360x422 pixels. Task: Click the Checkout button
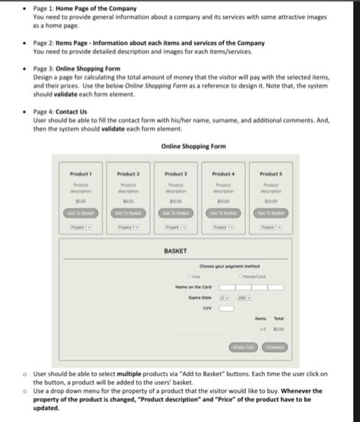(x=275, y=347)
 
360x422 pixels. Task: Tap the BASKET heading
(x=175, y=251)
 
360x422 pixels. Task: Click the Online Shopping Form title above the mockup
(x=193, y=146)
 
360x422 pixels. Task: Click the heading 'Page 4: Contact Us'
(x=60, y=112)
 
